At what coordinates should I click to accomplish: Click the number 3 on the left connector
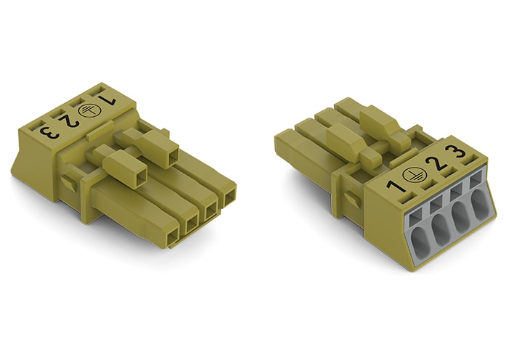[x=49, y=133]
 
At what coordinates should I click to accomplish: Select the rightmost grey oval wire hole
[x=480, y=205]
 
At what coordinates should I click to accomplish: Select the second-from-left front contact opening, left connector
[x=192, y=221]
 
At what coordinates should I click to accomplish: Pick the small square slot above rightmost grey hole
[x=475, y=178]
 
